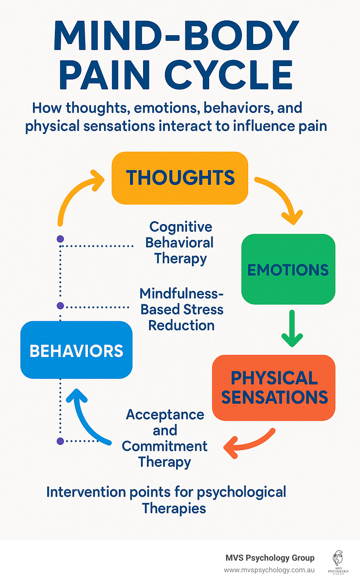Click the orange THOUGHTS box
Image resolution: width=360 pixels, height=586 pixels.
[x=180, y=178]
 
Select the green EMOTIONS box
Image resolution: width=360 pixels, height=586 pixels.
[x=288, y=269]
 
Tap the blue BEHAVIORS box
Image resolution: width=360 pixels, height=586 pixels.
[x=76, y=350]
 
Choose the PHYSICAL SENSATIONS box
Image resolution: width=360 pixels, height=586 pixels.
[x=274, y=388]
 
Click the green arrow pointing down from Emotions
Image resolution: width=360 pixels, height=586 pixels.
[x=292, y=329]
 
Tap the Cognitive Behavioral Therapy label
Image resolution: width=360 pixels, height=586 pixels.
[x=180, y=243]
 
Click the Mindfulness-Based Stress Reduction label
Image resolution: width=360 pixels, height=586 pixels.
[x=181, y=310]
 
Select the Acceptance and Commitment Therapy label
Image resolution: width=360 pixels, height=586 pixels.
[x=165, y=438]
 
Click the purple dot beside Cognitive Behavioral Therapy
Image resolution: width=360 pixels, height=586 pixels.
[x=60, y=239]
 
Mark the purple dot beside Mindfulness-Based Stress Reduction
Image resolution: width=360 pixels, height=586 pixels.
[x=60, y=306]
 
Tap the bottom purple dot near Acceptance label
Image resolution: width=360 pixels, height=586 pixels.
[x=60, y=441]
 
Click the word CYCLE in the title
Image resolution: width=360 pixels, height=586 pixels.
[x=229, y=75]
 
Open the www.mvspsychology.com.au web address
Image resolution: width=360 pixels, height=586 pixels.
[x=269, y=570]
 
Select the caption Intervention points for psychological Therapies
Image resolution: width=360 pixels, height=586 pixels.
[x=167, y=500]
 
